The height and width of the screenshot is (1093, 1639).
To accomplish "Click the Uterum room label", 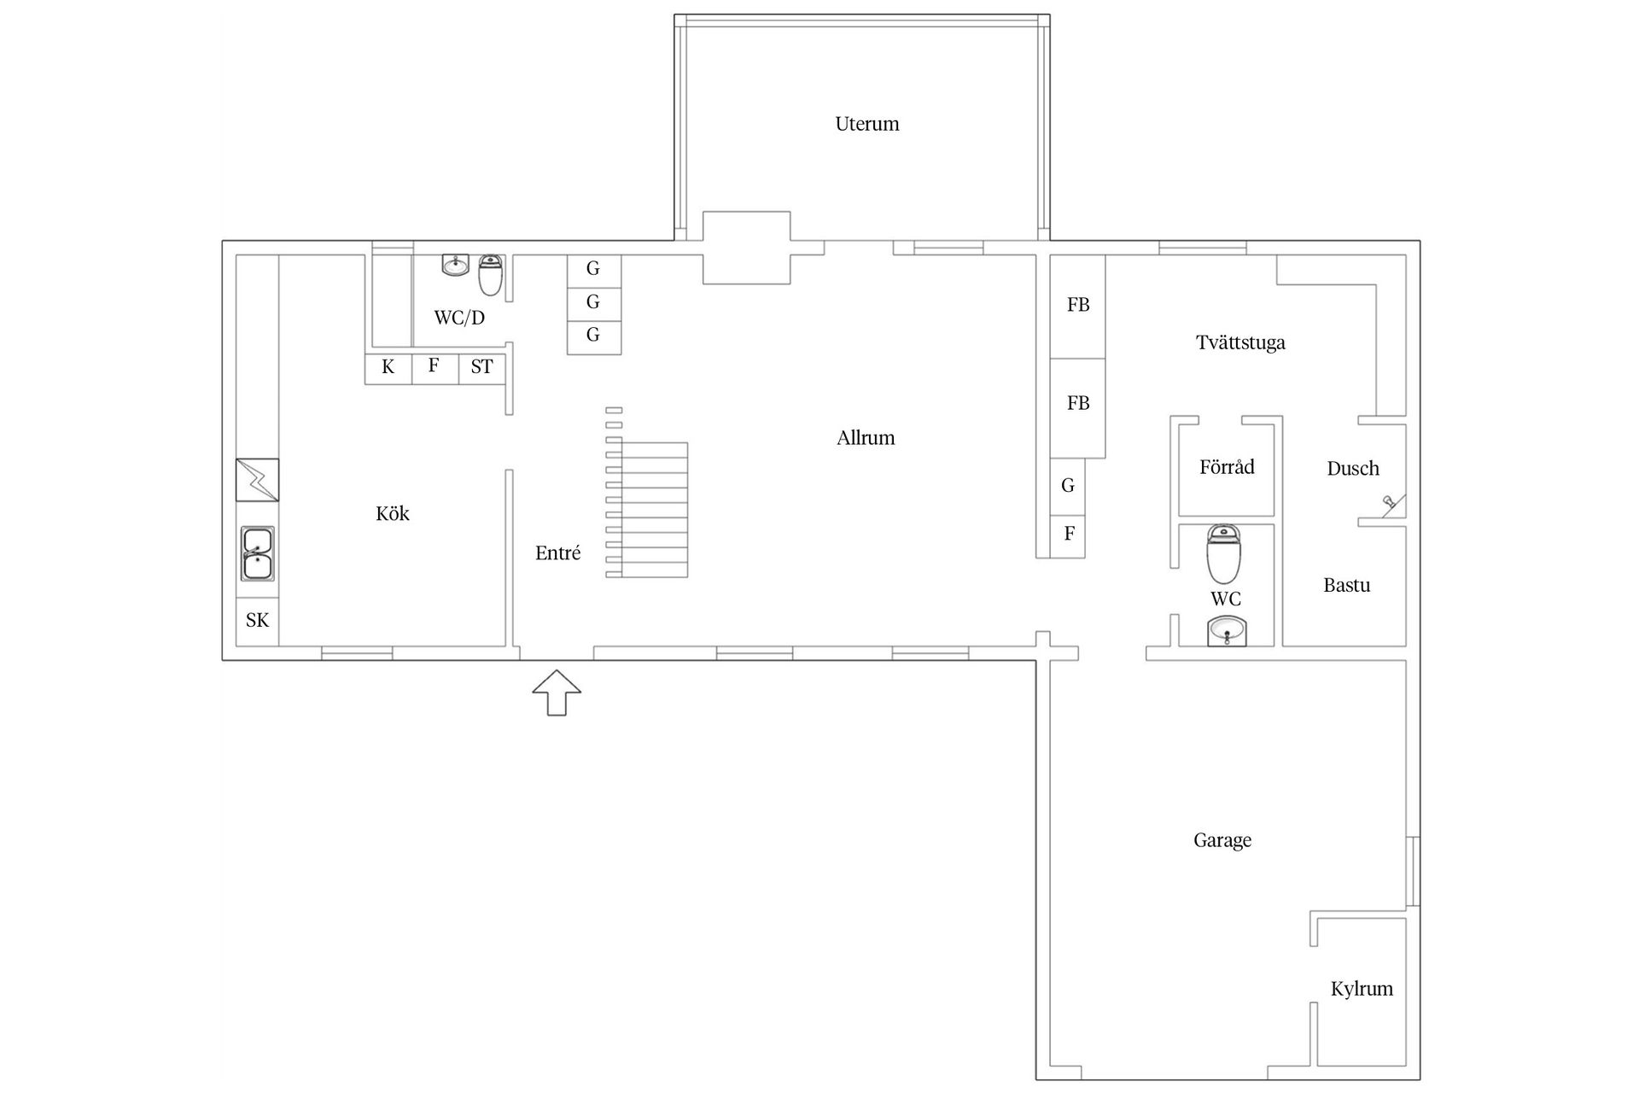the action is point(866,124).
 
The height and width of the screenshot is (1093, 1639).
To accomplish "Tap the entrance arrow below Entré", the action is point(557,693).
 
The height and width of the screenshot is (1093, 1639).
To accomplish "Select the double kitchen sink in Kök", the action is point(257,553).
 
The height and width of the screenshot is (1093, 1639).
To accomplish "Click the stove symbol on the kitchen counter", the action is point(257,479).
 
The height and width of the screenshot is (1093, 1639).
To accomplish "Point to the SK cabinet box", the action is point(257,621).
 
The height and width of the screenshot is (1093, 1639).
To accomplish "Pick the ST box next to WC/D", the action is point(482,368).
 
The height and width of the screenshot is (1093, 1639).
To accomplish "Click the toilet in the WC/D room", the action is point(490,274).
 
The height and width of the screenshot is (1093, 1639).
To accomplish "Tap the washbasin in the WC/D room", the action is point(456,265).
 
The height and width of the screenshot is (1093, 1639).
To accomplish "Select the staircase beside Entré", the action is point(647,494).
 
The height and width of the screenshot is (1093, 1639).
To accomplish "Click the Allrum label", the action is point(866,438).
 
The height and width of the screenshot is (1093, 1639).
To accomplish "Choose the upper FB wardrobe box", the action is point(1077,306).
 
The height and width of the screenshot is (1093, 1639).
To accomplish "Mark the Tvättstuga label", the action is point(1240,342).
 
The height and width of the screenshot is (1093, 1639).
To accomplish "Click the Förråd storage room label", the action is point(1227,467).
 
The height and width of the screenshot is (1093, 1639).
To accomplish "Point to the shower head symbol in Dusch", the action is point(1391,505).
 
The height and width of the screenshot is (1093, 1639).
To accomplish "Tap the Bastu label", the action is point(1346,586).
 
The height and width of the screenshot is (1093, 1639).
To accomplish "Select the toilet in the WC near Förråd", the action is point(1223,553).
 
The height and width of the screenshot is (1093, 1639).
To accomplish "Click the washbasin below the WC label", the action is point(1227,633).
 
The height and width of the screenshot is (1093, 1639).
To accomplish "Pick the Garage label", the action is point(1222,840).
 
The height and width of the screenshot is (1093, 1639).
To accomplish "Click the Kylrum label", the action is point(1362,989).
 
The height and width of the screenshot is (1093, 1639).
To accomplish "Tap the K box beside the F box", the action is point(388,368).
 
